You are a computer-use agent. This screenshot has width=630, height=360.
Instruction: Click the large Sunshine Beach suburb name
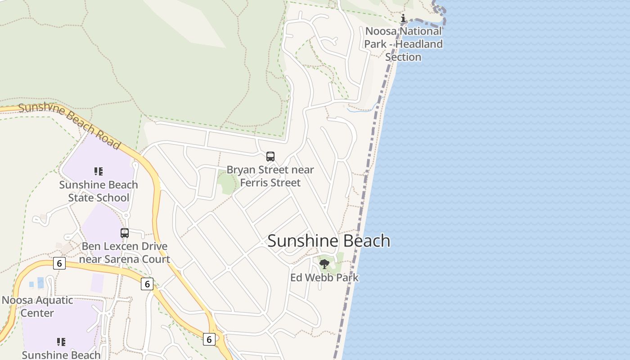point(328,241)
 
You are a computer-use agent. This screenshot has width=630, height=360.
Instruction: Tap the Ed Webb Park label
point(324,277)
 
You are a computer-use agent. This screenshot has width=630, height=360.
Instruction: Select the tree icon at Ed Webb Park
point(324,264)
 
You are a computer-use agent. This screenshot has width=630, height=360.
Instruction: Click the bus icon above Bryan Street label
point(270,157)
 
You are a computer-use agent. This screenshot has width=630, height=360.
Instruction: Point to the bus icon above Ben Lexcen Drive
point(125,233)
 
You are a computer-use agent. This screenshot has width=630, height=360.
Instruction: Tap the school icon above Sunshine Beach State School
point(99,171)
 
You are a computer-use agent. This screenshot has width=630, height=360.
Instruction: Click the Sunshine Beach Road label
point(70,126)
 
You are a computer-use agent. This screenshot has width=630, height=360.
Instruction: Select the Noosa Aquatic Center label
point(37,306)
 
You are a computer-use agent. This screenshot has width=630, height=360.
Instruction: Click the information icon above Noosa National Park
point(403,18)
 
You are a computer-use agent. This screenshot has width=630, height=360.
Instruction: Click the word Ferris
point(255,183)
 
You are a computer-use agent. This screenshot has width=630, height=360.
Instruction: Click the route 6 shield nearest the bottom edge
point(209,339)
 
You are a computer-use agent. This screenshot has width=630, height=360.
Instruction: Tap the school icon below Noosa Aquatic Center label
point(61,342)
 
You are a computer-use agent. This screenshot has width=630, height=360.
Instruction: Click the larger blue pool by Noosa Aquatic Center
point(41,283)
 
